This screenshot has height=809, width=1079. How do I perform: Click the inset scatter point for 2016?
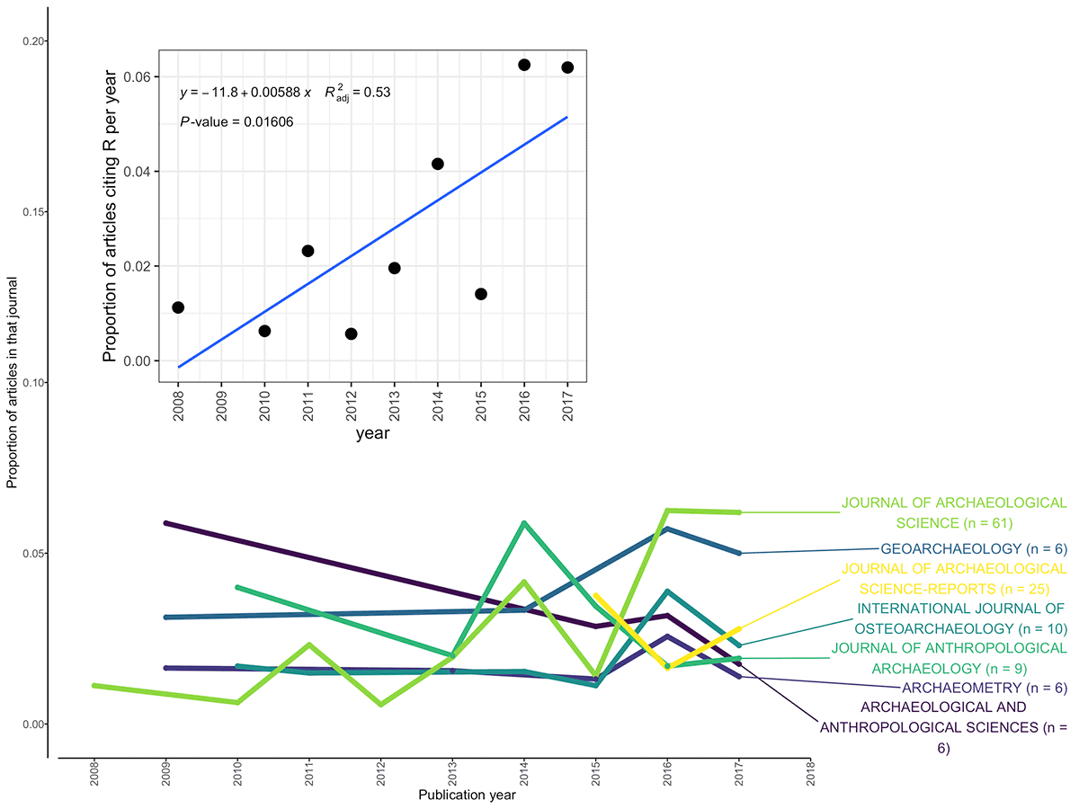(524, 65)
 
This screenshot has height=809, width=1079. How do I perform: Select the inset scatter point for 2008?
(178, 307)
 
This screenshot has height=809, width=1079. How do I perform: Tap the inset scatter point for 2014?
(438, 164)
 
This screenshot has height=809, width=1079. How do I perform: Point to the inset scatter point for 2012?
(352, 333)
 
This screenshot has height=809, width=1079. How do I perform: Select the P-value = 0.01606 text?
(236, 121)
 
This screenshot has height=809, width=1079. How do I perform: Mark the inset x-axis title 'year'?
(371, 433)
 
